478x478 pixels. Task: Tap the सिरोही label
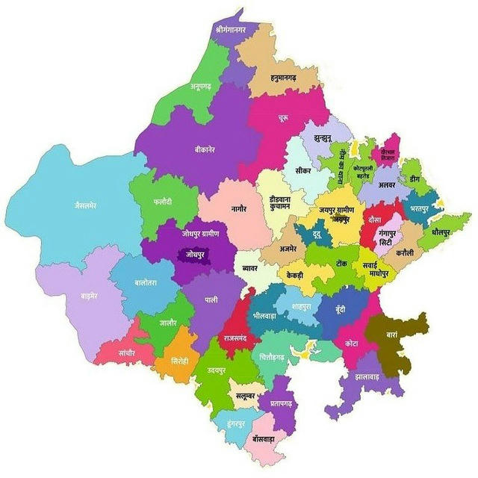[179, 359]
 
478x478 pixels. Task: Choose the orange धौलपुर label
[442, 233]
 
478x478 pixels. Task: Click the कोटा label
[350, 344]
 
